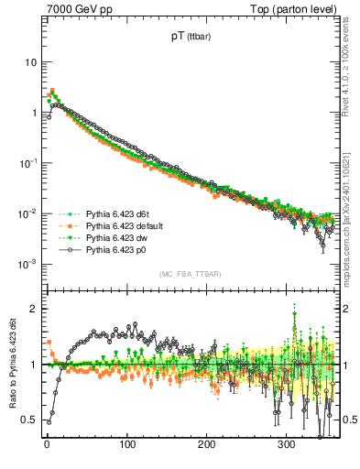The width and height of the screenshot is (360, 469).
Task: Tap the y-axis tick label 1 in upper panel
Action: (x=33, y=113)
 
